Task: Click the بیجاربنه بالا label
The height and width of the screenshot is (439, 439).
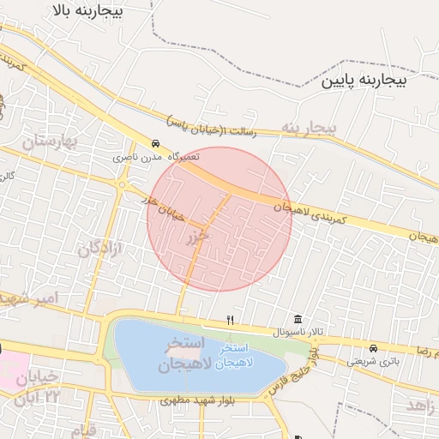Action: pyautogui.click(x=87, y=11)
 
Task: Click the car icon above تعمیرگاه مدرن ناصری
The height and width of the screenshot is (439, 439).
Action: pyautogui.click(x=155, y=143)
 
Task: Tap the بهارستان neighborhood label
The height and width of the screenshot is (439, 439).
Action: pyautogui.click(x=49, y=140)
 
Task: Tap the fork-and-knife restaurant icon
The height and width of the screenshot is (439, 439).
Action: pyautogui.click(x=230, y=320)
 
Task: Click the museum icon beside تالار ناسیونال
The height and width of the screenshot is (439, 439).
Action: pyautogui.click(x=298, y=319)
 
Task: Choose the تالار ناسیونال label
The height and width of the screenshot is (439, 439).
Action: pyautogui.click(x=295, y=332)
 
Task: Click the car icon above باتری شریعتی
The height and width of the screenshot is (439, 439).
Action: pyautogui.click(x=373, y=348)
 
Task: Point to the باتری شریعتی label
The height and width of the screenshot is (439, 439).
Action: pyautogui.click(x=372, y=361)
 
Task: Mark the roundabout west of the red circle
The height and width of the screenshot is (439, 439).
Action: pyautogui.click(x=123, y=184)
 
